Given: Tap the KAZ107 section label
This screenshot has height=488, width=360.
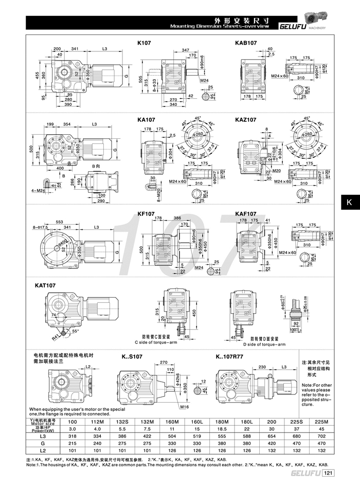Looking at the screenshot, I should [x=245, y=120].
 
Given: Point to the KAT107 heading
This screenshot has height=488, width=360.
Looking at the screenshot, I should [x=45, y=284].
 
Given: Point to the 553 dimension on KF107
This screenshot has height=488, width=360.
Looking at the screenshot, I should [x=60, y=214].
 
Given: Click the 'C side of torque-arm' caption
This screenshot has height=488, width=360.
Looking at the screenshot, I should [x=158, y=342].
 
